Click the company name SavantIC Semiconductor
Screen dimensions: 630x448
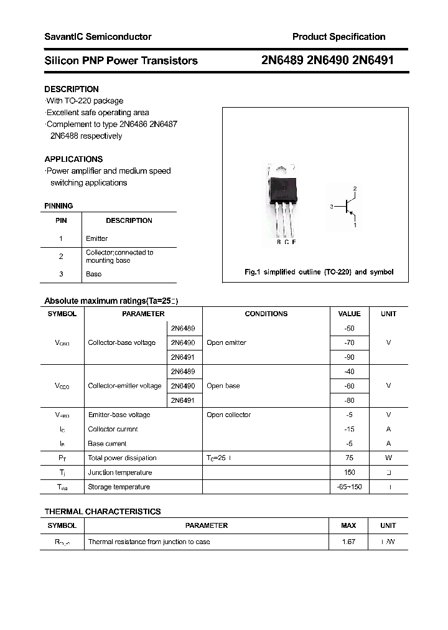point(98,37)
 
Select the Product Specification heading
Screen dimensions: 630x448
point(338,37)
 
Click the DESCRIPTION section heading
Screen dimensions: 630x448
point(72,89)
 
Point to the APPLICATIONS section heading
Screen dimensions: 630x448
point(73,159)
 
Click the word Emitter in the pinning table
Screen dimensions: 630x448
point(96,238)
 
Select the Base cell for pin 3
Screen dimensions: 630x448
point(93,274)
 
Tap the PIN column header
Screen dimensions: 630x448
point(61,220)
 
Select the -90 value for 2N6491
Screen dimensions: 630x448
point(349,357)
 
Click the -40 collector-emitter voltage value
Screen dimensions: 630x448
point(349,372)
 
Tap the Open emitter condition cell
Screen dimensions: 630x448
point(226,342)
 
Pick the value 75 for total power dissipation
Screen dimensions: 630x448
point(349,458)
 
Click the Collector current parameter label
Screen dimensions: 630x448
point(113,430)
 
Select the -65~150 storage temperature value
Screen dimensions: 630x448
point(349,487)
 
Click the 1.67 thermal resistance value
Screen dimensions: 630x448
point(348,542)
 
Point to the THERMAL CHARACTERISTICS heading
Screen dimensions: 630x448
point(102,511)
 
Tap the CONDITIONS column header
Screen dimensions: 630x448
point(266,314)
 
